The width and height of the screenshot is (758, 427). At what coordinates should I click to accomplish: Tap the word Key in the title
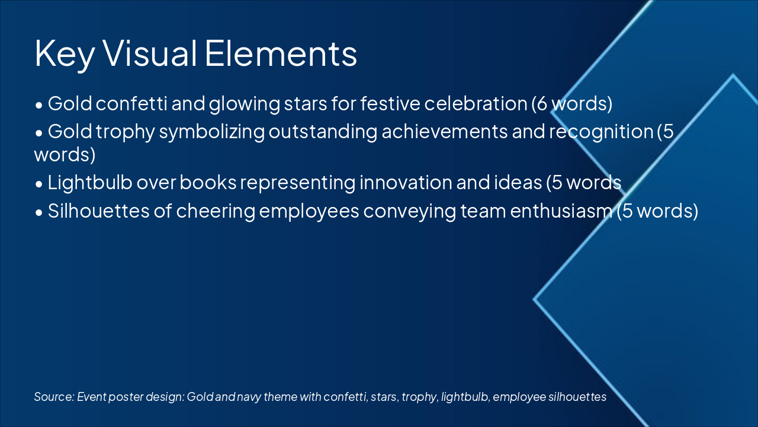(x=65, y=56)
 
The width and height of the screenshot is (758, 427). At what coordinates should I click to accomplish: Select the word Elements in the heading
(x=281, y=53)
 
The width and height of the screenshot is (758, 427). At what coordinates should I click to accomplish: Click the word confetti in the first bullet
(x=131, y=103)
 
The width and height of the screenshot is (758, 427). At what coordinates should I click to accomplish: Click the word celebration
(x=476, y=103)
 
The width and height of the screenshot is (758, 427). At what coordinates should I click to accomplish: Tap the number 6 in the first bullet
(x=542, y=104)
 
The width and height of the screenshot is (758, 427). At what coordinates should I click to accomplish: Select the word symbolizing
(x=212, y=132)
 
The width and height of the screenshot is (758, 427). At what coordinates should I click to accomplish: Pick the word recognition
(x=601, y=132)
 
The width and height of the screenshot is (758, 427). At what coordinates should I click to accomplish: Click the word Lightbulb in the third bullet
(x=90, y=182)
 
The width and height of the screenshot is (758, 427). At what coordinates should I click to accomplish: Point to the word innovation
(x=406, y=182)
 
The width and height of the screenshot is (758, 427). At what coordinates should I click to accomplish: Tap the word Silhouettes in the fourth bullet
(x=98, y=211)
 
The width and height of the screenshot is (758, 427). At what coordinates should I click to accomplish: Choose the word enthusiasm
(x=561, y=211)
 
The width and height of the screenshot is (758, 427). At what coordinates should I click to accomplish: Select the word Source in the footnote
(x=54, y=397)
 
